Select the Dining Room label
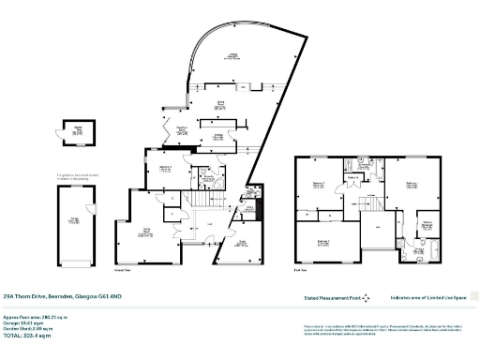point(221,105)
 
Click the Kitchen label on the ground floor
point(218,137)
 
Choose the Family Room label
point(145,232)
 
